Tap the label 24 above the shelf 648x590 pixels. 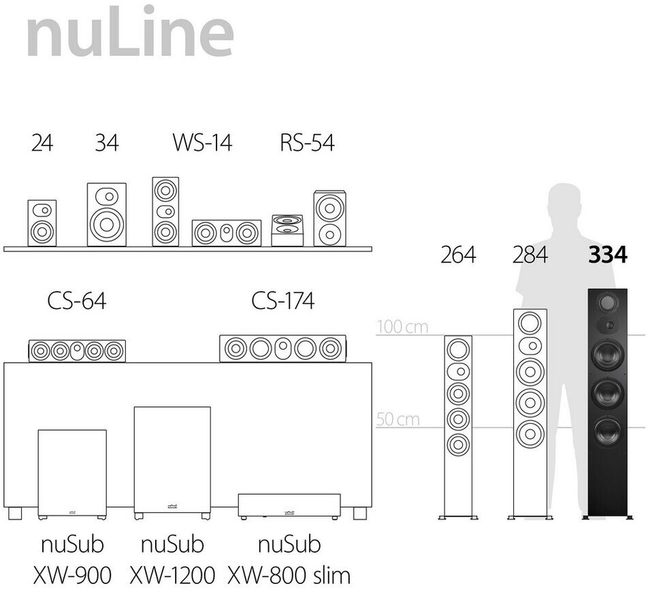[42, 144]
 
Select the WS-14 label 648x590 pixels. [201, 144]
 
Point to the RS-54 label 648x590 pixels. [307, 144]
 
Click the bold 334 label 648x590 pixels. [607, 255]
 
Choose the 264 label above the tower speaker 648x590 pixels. [458, 255]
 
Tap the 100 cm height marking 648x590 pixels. [403, 327]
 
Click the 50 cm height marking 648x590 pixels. [398, 419]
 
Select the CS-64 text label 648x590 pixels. [77, 301]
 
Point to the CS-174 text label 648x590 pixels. [283, 301]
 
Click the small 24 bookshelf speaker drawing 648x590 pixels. [42, 223]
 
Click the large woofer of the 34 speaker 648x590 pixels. [106, 224]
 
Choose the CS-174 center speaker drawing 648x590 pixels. [282, 348]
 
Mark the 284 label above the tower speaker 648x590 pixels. [530, 255]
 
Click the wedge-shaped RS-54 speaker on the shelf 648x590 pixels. [287, 230]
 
